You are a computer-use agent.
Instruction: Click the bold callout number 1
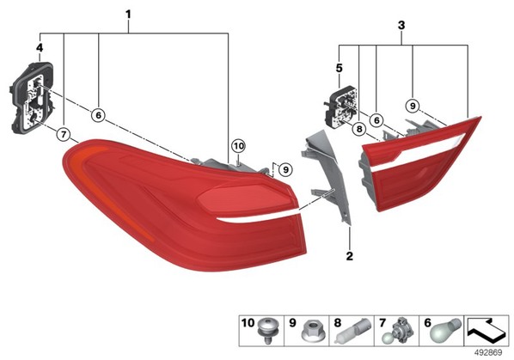click(128, 15)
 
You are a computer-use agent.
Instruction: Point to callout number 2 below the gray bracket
click(350, 256)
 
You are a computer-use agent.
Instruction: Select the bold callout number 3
click(401, 25)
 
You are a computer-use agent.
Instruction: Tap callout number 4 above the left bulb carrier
click(40, 48)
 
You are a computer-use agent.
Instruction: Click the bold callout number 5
click(339, 69)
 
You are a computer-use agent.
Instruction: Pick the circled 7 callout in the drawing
click(64, 134)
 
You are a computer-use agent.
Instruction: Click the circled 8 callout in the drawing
click(359, 129)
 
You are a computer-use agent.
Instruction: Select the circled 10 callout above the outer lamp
click(238, 146)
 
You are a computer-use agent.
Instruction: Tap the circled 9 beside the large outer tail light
click(285, 169)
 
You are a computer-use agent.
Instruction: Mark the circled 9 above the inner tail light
click(413, 106)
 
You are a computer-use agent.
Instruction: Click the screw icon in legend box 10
click(267, 330)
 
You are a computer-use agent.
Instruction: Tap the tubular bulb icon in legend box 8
click(353, 331)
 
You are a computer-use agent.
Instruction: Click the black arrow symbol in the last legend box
click(486, 330)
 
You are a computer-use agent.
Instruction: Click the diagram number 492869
click(489, 353)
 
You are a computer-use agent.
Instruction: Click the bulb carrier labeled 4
click(32, 97)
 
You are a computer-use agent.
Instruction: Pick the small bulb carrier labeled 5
click(341, 107)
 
